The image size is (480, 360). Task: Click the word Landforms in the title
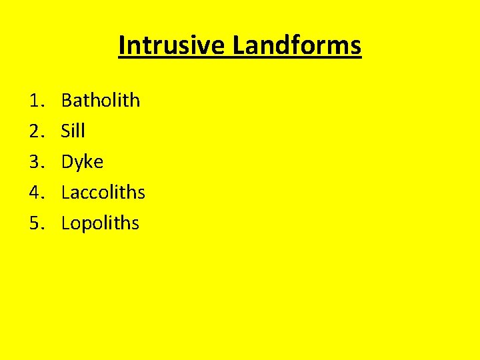pyautogui.click(x=297, y=45)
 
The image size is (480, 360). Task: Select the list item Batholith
pyautogui.click(x=101, y=101)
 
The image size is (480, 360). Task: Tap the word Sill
pyautogui.click(x=73, y=131)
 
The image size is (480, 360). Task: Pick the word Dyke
pyautogui.click(x=82, y=162)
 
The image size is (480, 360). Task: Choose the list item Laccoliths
pyautogui.click(x=103, y=193)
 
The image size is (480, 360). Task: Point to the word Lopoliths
pyautogui.click(x=100, y=223)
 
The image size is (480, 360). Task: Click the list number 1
pyautogui.click(x=36, y=101)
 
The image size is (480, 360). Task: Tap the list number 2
pyautogui.click(x=36, y=131)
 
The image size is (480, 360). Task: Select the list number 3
pyautogui.click(x=36, y=162)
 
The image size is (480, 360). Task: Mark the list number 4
pyautogui.click(x=36, y=193)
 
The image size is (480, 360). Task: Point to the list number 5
pyautogui.click(x=36, y=223)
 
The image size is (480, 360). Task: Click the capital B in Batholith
pyautogui.click(x=67, y=101)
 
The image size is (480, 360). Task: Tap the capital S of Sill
pyautogui.click(x=65, y=131)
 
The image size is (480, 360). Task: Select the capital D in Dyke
pyautogui.click(x=67, y=162)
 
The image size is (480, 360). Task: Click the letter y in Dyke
pyautogui.click(x=80, y=164)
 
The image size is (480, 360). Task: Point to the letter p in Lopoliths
pyautogui.click(x=87, y=225)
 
